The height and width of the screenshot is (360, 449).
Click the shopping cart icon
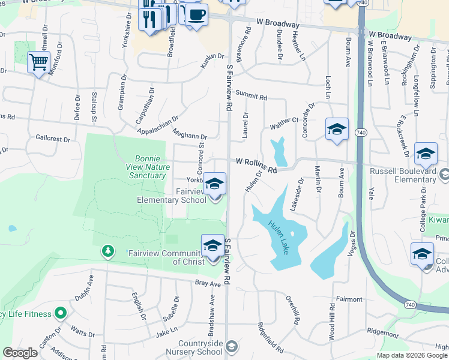pos(38,62)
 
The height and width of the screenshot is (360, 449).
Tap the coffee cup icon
pos(196,14)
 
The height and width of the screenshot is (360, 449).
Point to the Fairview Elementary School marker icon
pos(214,185)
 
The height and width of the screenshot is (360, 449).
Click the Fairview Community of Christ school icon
pos(212,247)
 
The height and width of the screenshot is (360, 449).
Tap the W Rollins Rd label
pos(256,165)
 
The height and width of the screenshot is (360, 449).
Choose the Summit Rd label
pos(250,95)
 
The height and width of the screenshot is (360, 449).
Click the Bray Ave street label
pos(205,283)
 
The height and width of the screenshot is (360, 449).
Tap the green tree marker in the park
pos(107,250)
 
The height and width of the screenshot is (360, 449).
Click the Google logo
pos(20,353)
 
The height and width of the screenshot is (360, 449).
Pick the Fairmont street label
pos(349,299)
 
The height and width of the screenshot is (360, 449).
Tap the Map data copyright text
pos(411,355)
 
